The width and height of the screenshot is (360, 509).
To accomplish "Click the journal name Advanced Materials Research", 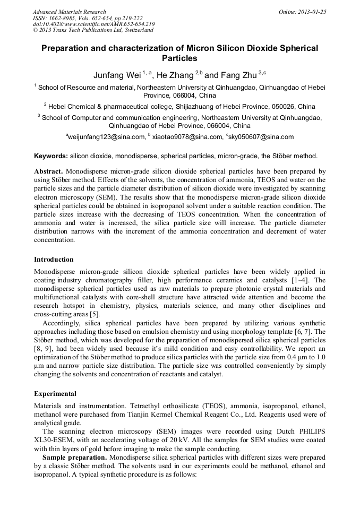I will click(69, 12).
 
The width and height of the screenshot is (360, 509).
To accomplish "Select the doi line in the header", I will click(93, 24).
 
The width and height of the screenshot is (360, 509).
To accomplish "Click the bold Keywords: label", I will click(51, 156).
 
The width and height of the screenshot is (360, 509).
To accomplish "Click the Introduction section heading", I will click(54, 260).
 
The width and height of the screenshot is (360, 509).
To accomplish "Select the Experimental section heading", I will click(55, 394).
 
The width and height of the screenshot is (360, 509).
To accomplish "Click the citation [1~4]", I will click(305, 280).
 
